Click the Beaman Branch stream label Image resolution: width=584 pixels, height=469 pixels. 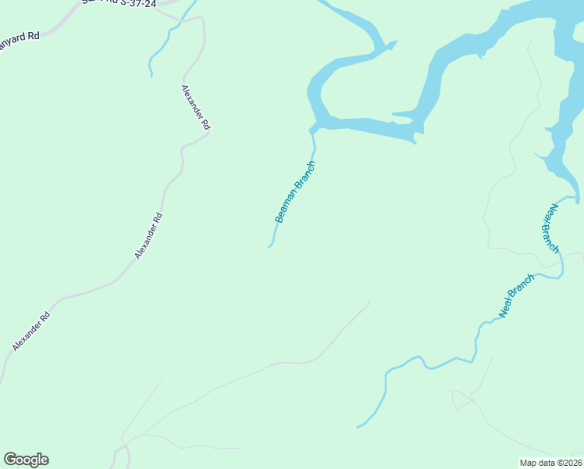click(295, 192)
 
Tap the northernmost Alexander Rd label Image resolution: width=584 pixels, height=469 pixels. click(195, 107)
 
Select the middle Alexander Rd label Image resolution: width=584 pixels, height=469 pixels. click(148, 235)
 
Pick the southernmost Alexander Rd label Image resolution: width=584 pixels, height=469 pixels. click(31, 331)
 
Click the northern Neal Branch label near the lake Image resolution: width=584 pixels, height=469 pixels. click(551, 228)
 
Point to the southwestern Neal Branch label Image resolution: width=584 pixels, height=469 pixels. click(516, 295)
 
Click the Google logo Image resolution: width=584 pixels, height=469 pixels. click(26, 460)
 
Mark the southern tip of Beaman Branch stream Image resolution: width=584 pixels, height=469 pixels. click(269, 248)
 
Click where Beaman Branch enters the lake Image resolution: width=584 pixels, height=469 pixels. click(313, 130)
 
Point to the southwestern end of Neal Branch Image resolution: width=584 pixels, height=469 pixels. click(358, 427)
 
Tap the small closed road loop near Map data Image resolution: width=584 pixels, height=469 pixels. click(461, 399)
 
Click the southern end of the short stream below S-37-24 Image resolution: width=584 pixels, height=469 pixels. click(151, 75)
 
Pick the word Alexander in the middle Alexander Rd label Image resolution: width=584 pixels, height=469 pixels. click(145, 240)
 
